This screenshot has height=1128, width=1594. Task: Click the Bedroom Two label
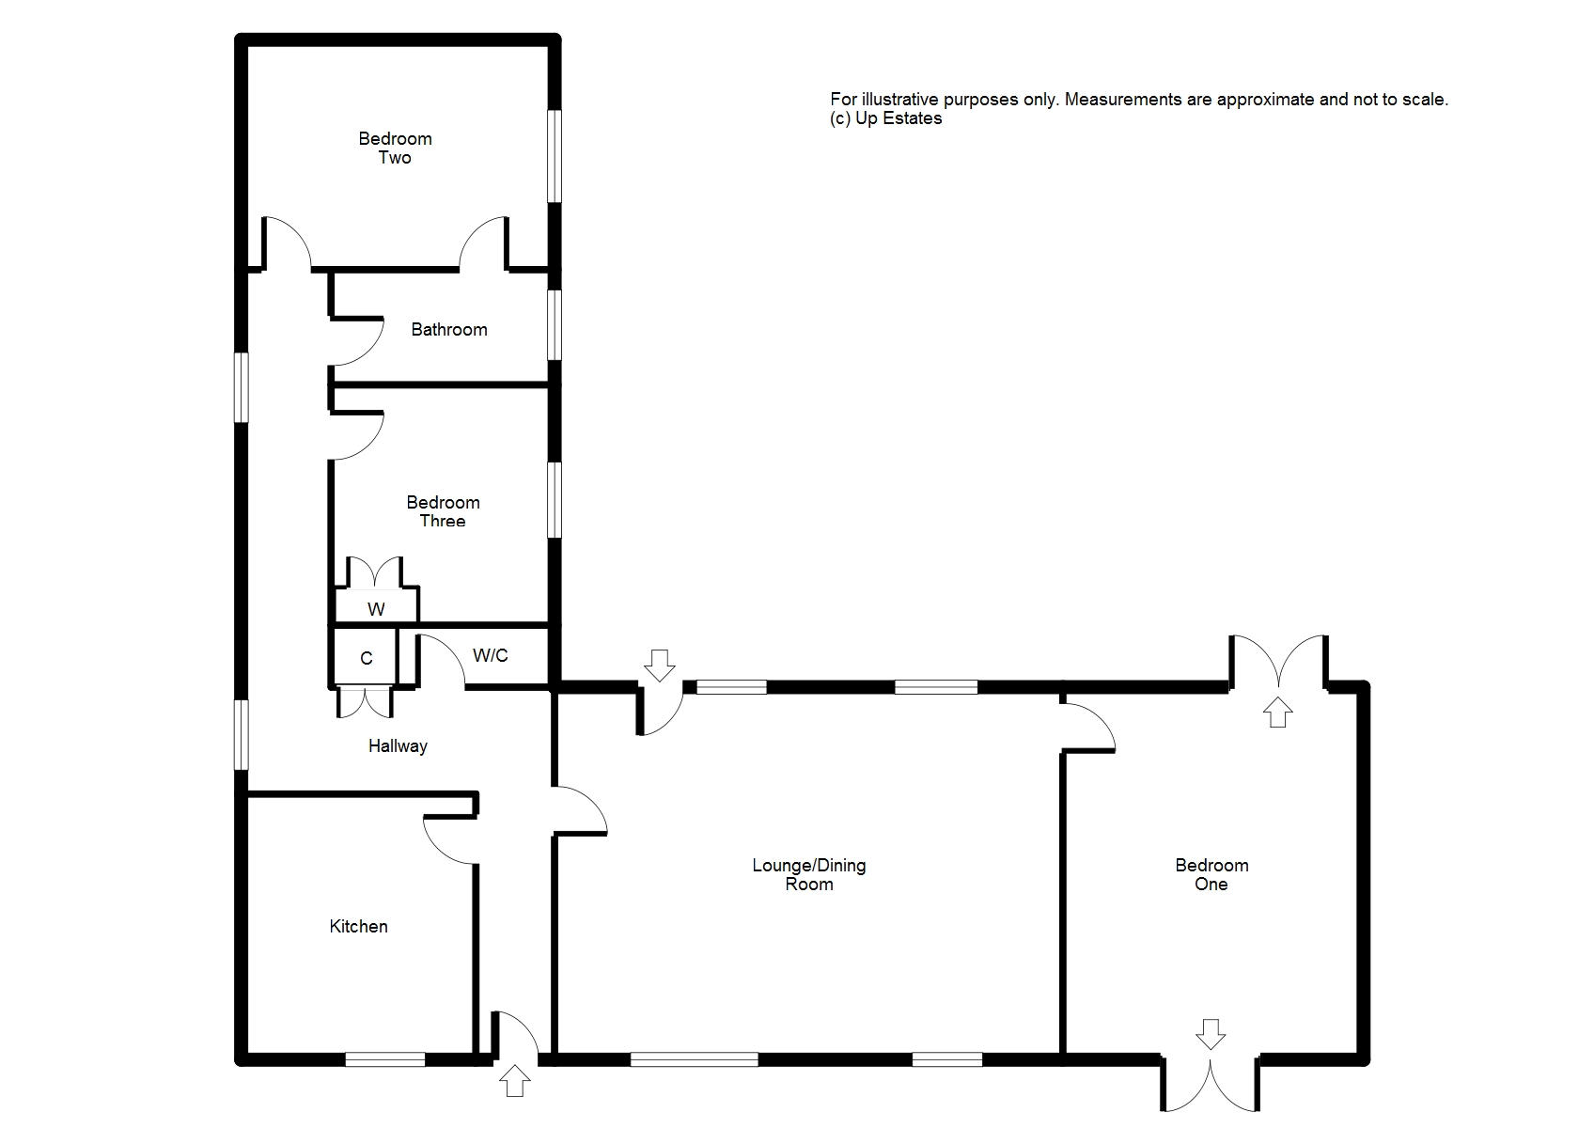[x=395, y=149]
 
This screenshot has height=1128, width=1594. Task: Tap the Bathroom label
[x=449, y=330]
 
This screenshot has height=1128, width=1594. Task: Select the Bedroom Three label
[x=443, y=511]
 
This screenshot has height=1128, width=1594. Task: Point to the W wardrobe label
[x=376, y=609]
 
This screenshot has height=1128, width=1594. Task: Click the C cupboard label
[x=367, y=658]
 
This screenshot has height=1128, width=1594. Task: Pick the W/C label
[x=490, y=655]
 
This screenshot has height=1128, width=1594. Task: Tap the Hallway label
[x=398, y=746]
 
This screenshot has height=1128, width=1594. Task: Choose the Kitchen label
[x=358, y=927]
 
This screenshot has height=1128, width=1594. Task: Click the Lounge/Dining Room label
[x=808, y=874]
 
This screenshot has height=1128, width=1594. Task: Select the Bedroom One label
[x=1211, y=874]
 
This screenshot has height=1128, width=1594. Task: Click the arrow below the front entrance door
[x=514, y=1081]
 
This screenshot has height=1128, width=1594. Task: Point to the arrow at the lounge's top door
[x=659, y=665]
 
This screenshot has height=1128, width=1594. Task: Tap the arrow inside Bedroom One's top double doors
[x=1276, y=712]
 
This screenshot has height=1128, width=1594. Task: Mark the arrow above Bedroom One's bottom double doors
[x=1211, y=1033]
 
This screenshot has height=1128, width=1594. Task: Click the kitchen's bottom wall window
[x=384, y=1059]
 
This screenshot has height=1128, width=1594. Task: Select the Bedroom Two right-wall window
[x=555, y=156]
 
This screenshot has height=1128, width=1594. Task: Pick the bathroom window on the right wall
[x=555, y=324]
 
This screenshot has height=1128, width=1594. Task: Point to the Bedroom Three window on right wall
[x=555, y=499]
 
